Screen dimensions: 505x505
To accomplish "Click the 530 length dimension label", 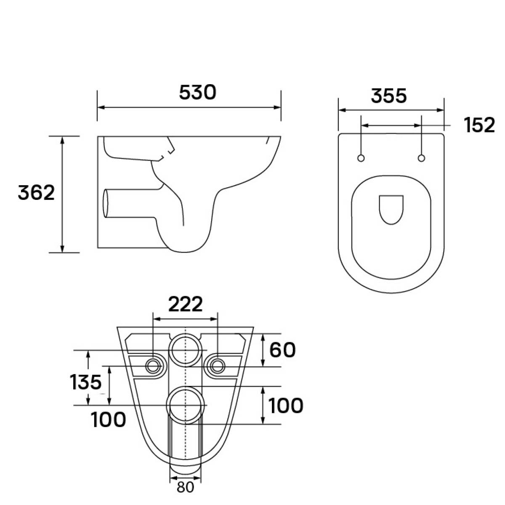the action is [198, 93].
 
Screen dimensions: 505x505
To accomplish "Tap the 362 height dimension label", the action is [37, 193].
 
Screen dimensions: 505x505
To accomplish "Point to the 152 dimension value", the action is [479, 125].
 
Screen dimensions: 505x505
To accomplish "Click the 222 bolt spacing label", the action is [186, 304].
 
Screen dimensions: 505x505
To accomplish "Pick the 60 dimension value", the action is [282, 350].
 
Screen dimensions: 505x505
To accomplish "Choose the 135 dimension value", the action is [86, 382].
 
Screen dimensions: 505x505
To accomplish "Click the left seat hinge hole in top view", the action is [361, 158].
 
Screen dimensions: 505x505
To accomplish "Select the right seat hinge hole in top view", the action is [421, 158].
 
